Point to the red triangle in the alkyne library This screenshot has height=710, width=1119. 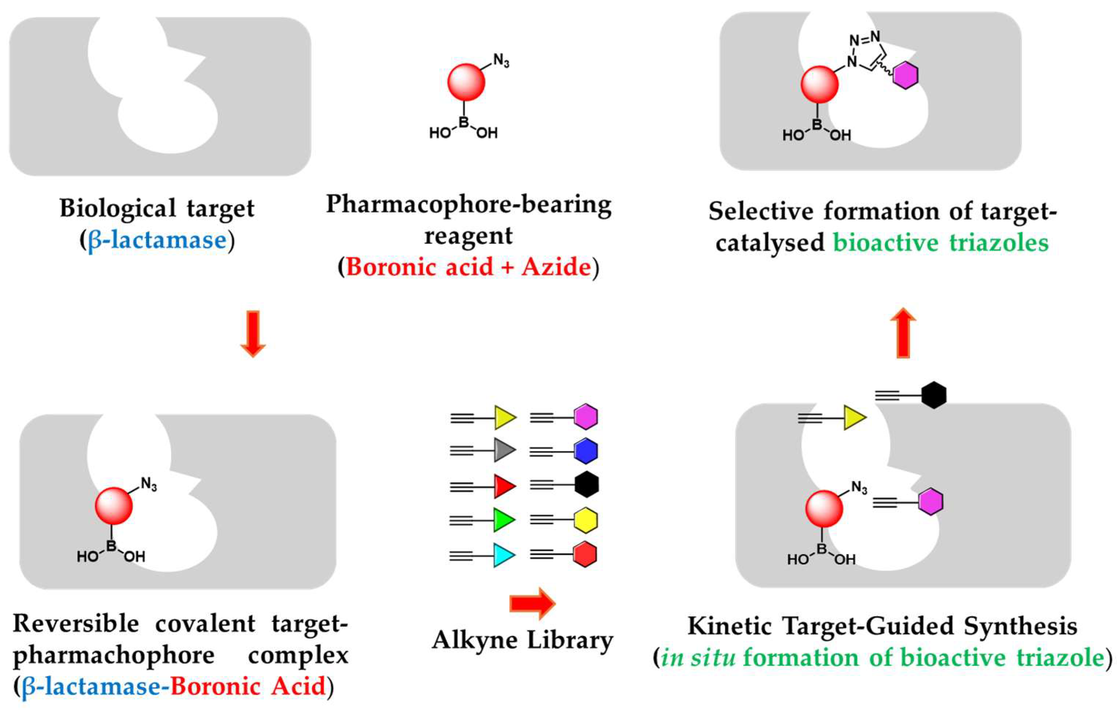click(503, 486)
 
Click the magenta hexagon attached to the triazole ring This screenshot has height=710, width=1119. click(905, 75)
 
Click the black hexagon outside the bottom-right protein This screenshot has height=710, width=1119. click(933, 396)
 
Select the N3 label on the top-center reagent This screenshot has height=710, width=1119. click(501, 60)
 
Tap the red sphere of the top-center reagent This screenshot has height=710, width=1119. click(466, 82)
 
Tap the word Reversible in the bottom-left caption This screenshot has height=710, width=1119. click(76, 623)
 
